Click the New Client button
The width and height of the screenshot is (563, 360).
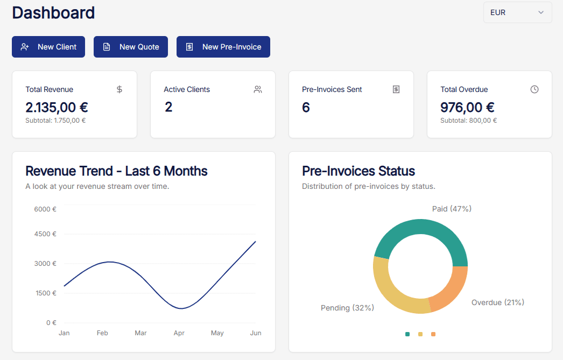pos(48,47)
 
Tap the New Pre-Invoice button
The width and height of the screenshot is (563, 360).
pos(223,47)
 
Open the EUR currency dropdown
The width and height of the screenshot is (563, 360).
pos(517,12)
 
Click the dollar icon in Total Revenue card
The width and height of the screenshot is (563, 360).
pos(119,89)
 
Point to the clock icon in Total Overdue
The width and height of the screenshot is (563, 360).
pos(534,89)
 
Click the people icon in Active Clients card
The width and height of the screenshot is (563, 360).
pos(258,89)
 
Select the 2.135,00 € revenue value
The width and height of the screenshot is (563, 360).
pos(57,107)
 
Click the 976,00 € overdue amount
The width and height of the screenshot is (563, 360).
pos(467,107)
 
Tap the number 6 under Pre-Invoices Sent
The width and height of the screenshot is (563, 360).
pos(306,107)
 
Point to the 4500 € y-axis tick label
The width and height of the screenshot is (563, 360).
pos(45,234)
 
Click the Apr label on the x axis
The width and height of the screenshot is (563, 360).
pos(179,333)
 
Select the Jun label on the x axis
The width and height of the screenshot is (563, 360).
pos(256,333)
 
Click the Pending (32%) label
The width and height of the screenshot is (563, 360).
pos(347,308)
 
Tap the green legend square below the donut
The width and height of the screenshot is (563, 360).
pos(407,334)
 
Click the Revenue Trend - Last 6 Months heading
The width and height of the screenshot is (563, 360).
pos(116,171)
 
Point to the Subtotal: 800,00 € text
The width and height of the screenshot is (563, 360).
pos(468,121)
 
